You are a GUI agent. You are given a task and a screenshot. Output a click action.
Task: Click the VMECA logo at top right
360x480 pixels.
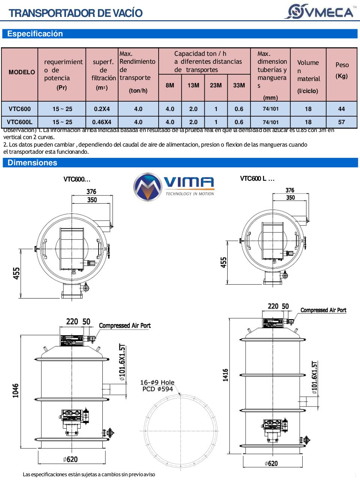321,11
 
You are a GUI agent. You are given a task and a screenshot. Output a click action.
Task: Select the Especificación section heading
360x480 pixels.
35,34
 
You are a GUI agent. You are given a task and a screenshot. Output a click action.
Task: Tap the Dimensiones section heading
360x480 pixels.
33,163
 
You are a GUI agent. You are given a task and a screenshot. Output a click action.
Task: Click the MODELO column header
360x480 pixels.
22,72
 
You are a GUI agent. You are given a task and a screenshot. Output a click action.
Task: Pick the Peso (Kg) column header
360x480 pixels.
342,70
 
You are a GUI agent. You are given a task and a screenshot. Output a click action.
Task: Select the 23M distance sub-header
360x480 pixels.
216,85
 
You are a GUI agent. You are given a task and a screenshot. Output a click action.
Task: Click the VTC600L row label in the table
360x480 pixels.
19,122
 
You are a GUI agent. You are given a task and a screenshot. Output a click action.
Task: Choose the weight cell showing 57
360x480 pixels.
341,122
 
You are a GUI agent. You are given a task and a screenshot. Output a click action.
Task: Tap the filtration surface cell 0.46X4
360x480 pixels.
102,122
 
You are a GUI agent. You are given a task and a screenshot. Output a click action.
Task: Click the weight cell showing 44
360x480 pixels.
341,109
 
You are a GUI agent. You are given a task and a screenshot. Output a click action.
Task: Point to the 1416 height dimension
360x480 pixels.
225,375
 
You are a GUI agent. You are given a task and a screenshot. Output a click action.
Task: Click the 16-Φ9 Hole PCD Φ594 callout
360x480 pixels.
157,385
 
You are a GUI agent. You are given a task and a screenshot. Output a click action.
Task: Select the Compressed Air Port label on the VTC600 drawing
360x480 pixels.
124,325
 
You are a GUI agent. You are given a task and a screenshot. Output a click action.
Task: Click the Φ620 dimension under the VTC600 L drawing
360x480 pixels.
271,463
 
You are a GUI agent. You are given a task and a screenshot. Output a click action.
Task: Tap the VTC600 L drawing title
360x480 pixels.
257,178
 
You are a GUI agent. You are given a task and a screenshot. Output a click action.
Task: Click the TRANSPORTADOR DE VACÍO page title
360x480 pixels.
75,13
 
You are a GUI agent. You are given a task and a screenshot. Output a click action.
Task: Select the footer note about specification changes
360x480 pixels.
89,474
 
